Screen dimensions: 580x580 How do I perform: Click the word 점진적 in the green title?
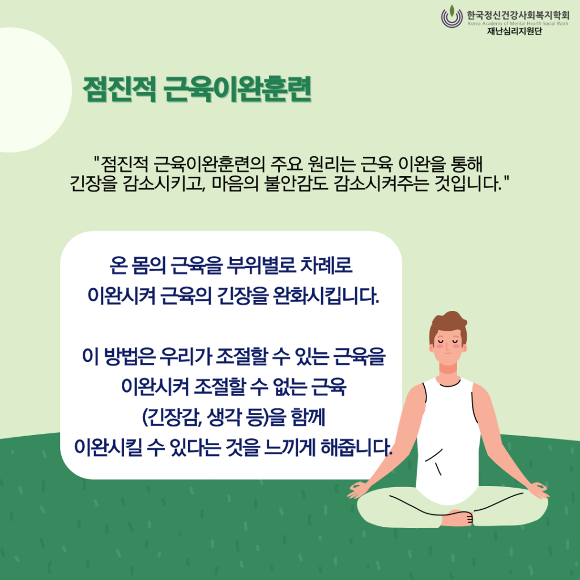click(120, 89)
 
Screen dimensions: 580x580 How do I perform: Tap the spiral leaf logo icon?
click(451, 16)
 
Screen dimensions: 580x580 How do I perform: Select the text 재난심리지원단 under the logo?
click(514, 31)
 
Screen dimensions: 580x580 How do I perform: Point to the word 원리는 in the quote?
click(331, 164)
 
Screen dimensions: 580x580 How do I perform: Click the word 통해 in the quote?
click(467, 164)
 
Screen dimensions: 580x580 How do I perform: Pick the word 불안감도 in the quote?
click(296, 184)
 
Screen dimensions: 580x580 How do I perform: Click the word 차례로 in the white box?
click(326, 265)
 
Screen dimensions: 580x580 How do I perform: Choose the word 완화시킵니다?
click(326, 296)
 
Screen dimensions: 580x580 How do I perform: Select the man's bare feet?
click(457, 518)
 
